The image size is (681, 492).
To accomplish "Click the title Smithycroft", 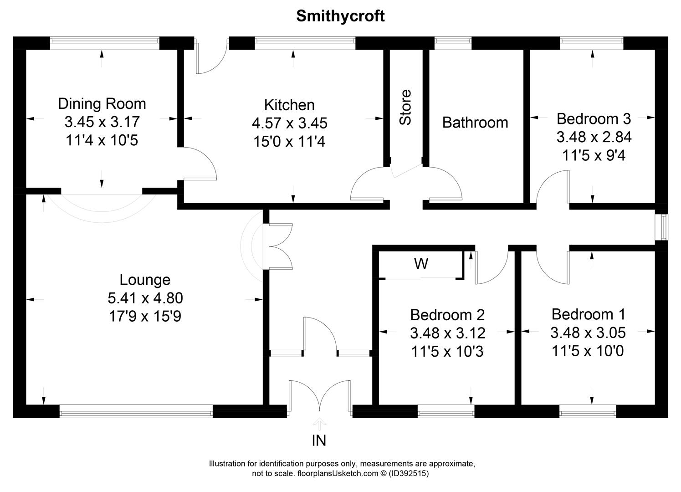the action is click(340, 16).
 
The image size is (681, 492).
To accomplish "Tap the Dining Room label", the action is click(102, 104).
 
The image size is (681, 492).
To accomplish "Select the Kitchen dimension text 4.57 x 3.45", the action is click(289, 123).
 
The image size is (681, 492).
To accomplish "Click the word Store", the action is click(405, 107).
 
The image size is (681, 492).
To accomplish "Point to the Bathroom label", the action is click(475, 122).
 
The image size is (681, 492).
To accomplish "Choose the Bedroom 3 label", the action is click(594, 119).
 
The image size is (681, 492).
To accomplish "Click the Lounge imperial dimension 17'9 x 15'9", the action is click(145, 316).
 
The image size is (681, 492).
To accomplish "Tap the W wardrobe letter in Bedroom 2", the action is click(421, 263).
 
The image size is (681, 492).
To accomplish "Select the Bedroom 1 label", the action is click(588, 314).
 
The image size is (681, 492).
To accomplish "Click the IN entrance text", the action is click(319, 441).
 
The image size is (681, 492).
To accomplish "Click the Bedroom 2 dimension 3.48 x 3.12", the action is click(447, 333).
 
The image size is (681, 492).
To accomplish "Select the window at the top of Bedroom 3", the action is click(591, 43).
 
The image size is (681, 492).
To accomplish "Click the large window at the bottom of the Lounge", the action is click(136, 412).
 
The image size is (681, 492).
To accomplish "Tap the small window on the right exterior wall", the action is click(663, 227).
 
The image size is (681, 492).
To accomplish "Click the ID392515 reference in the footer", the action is click(409, 473).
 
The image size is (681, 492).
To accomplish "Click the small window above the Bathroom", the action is click(453, 43).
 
